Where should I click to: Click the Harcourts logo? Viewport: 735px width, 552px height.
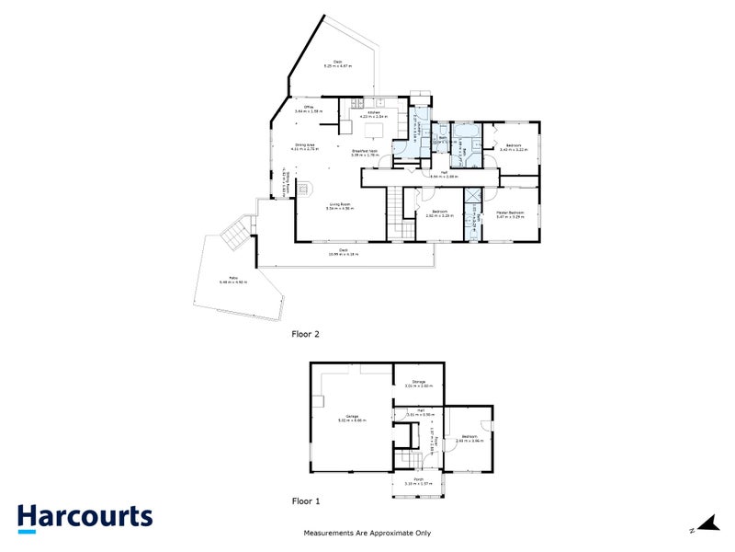(85, 517)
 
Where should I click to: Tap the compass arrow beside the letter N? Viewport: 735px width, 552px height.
(707, 524)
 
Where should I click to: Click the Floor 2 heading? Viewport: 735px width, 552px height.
(305, 334)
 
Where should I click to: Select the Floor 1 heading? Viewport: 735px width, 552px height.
(305, 501)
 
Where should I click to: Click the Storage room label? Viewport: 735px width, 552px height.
(418, 383)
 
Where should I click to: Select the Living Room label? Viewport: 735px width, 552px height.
(339, 207)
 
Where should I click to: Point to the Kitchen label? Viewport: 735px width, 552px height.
(375, 114)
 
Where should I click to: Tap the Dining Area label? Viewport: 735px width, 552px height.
(306, 146)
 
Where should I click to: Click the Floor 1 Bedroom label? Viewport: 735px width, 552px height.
(469, 438)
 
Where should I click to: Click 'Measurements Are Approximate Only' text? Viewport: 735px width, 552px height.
(367, 533)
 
